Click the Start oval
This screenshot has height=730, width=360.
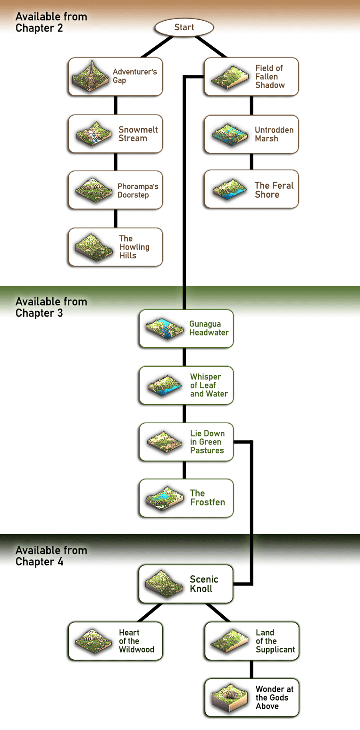184,27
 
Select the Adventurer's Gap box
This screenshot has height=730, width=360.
115,76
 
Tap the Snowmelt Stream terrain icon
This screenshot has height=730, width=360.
93,134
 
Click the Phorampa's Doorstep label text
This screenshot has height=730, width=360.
138,191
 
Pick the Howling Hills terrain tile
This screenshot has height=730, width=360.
94,247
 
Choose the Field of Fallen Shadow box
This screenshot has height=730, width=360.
251,76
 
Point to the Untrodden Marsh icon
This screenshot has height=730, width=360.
230,134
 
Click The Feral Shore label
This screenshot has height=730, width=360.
274,190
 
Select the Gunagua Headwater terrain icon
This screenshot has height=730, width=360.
165,329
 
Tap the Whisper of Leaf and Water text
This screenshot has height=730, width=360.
209,385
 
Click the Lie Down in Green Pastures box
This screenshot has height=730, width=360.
186,442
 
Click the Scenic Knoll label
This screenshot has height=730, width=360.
204,584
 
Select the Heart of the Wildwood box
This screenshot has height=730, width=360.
115,641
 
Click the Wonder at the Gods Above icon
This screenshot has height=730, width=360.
230,698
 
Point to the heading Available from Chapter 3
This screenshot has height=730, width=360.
51,307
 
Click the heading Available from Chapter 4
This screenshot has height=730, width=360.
51,556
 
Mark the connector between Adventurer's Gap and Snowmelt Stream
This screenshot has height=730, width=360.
116,105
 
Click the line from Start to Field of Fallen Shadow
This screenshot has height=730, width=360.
210,47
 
